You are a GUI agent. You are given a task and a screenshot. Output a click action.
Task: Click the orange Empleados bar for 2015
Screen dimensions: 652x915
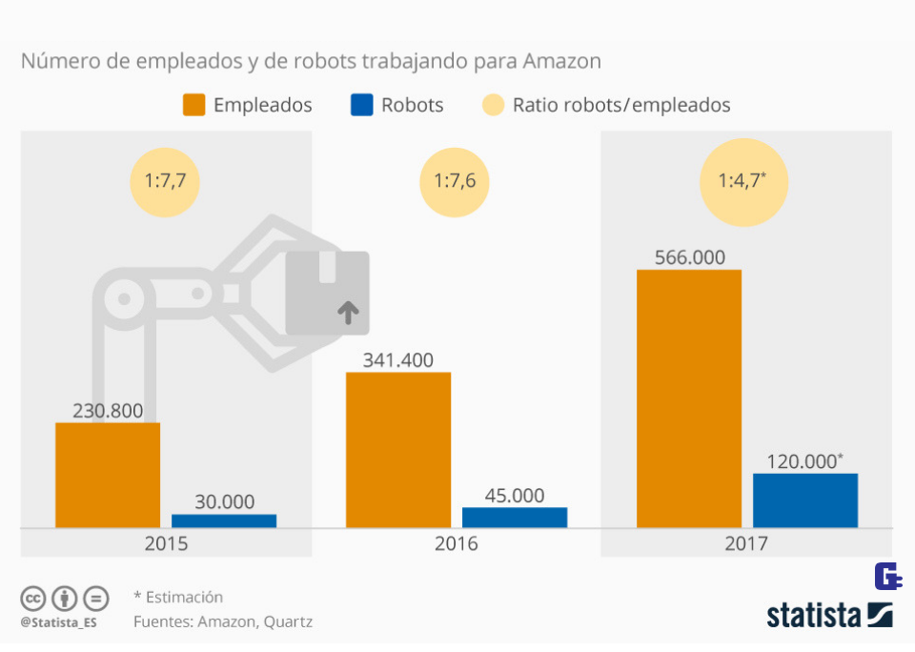(108, 475)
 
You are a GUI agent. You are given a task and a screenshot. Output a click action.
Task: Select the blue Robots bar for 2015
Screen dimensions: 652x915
(224, 520)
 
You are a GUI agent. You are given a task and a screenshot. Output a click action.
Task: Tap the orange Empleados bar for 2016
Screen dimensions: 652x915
(398, 449)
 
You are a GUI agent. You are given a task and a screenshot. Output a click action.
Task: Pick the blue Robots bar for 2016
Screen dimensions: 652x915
(515, 517)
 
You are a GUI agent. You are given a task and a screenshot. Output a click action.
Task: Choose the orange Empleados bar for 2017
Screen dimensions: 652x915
(689, 397)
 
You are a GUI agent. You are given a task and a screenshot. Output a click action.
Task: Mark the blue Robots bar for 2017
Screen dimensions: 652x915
(805, 499)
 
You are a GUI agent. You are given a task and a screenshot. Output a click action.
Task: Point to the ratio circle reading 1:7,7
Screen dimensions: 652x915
(164, 181)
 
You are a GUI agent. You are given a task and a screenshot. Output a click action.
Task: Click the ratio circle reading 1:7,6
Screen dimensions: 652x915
(456, 181)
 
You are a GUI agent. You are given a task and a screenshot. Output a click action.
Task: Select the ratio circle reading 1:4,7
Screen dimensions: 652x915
(744, 181)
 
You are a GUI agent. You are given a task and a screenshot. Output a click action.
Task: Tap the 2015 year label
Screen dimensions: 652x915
(166, 545)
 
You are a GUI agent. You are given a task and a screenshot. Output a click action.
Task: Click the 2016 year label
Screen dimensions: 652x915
(457, 545)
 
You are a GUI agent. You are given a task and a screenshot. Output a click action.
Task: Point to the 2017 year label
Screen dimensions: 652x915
(746, 545)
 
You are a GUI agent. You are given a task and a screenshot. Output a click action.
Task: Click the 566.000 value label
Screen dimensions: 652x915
(689, 257)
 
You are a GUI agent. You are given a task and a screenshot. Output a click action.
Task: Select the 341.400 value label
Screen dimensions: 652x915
(398, 360)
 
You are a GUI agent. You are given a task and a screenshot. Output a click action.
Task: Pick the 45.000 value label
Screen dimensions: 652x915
(515, 496)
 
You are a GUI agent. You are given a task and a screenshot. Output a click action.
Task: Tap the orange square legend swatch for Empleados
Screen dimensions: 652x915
(193, 105)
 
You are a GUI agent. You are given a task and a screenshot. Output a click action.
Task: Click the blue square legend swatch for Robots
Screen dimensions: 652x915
(361, 105)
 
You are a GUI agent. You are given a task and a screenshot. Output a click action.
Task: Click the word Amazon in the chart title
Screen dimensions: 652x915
(562, 62)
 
